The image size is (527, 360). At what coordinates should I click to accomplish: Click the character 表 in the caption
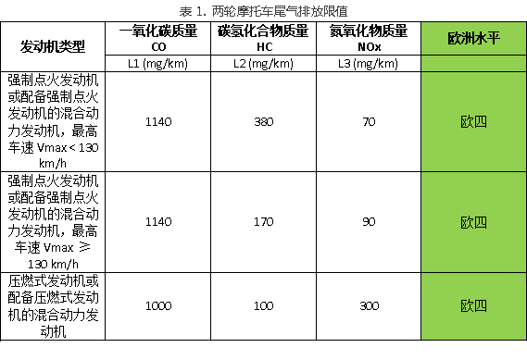pyautogui.click(x=185, y=12)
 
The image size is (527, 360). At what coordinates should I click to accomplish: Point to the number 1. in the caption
pyautogui.click(x=201, y=12)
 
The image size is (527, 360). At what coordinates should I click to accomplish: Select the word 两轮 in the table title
pyautogui.click(x=223, y=12)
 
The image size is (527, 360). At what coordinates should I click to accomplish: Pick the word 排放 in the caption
pyautogui.click(x=310, y=12)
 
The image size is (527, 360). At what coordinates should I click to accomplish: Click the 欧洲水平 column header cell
pyautogui.click(x=473, y=39)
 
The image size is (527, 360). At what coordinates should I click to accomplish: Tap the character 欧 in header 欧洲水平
pyautogui.click(x=454, y=39)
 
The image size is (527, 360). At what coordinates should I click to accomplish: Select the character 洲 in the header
pyautogui.click(x=467, y=39)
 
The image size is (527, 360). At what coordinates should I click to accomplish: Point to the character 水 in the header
pyautogui.click(x=480, y=39)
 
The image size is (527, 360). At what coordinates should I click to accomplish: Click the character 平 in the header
pyautogui.click(x=493, y=39)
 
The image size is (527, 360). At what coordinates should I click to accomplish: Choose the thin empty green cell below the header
pyautogui.click(x=473, y=64)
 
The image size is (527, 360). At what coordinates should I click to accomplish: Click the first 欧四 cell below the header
pyautogui.click(x=473, y=121)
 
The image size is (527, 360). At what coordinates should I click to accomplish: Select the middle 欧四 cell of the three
pyautogui.click(x=473, y=222)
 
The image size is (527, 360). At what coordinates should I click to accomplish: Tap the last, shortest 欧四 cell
pyautogui.click(x=473, y=305)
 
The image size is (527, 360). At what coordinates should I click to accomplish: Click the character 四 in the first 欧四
pyautogui.click(x=480, y=121)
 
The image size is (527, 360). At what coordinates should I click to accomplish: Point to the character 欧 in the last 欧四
pyautogui.click(x=467, y=305)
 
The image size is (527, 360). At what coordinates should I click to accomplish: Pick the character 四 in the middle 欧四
pyautogui.click(x=480, y=222)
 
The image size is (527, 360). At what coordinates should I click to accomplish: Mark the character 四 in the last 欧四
pyautogui.click(x=480, y=305)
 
